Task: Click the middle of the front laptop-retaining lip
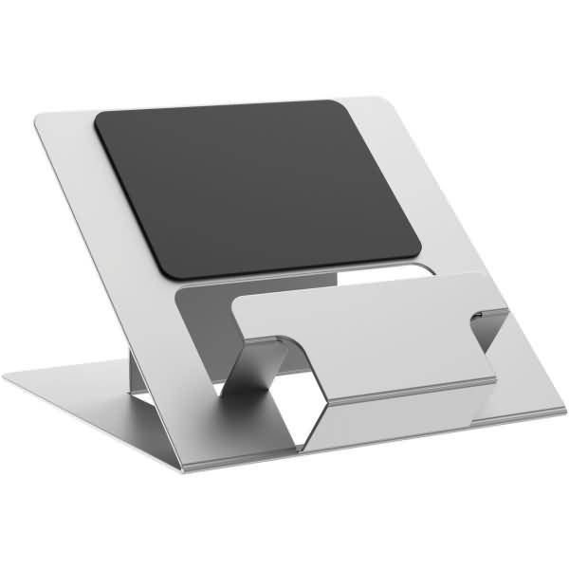click(x=365, y=337)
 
